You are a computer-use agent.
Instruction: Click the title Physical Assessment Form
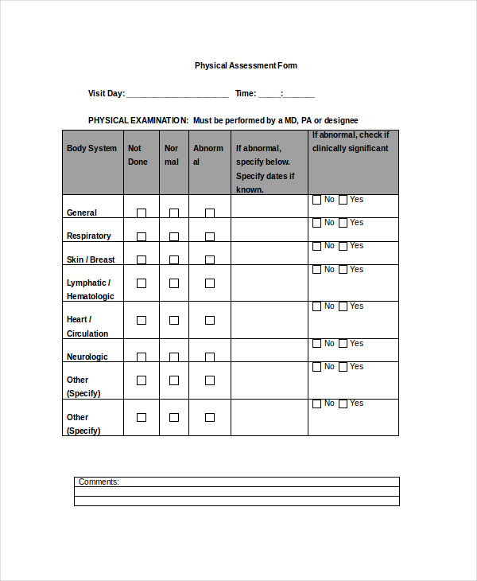[246, 65]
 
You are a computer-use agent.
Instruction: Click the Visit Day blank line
[176, 94]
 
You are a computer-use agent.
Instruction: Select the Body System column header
[91, 149]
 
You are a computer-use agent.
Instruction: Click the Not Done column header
[138, 155]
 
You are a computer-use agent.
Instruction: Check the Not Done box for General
[142, 213]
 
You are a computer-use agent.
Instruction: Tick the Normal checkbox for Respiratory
[174, 236]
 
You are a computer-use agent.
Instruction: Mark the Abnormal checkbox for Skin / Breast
[210, 259]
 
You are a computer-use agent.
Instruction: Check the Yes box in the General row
[343, 200]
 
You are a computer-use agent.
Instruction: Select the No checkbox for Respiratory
[317, 223]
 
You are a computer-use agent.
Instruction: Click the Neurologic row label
[87, 357]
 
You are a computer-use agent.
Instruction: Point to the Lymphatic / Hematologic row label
[90, 290]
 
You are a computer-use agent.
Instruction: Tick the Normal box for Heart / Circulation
[174, 320]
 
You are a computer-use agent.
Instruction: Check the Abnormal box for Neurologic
[210, 357]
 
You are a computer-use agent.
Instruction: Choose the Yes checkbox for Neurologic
[343, 344]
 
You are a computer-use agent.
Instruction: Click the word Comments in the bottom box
[99, 482]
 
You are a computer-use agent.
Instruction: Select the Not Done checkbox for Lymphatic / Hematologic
[142, 283]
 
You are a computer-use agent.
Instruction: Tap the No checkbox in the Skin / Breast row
[317, 246]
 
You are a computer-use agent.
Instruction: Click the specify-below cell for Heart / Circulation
[269, 320]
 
